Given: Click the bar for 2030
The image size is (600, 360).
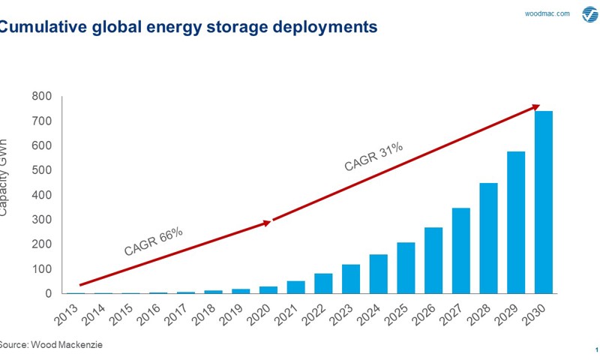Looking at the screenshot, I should tap(544, 202).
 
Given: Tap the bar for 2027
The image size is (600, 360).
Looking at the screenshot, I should tap(461, 250).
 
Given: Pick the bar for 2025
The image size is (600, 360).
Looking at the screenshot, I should tap(406, 268).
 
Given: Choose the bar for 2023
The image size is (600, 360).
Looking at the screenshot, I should tap(351, 279).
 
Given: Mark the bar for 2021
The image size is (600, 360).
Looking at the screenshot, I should tap(295, 287).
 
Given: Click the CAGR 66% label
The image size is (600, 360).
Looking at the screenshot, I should tap(154, 241).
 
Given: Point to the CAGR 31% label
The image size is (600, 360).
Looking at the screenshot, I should tap(373, 157).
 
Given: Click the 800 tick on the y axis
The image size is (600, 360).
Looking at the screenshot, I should tap(41, 96).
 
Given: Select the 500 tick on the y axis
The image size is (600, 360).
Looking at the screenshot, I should tap(41, 170).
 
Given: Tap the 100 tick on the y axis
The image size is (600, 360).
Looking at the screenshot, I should tap(41, 268).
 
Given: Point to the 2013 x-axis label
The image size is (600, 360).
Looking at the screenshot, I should tap(65, 313).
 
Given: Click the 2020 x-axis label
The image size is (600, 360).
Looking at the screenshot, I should tap(259, 313).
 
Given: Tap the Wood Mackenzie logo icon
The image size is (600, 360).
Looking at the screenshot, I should tap(589, 14).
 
